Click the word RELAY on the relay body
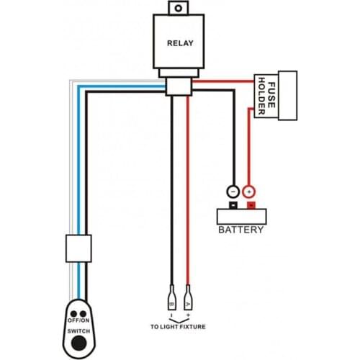coord(180,43)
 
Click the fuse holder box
coord(277,96)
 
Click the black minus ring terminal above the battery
coord(233,192)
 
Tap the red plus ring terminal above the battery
coord(249,192)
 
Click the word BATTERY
coord(240,230)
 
